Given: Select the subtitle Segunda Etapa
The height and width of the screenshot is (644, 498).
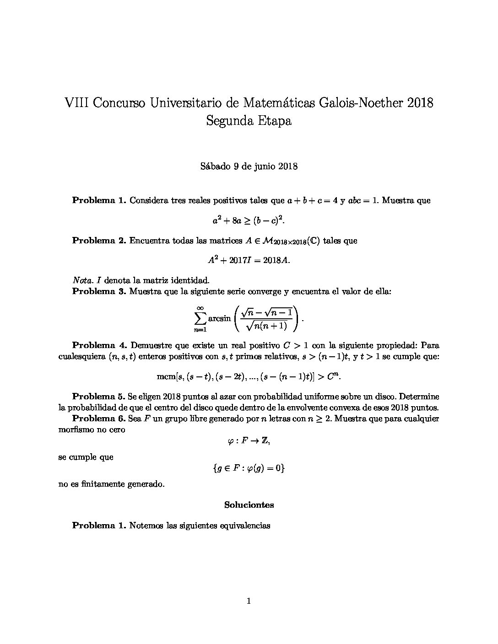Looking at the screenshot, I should pyautogui.click(x=249, y=121).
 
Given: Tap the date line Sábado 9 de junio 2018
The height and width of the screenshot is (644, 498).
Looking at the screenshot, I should pyautogui.click(x=249, y=166).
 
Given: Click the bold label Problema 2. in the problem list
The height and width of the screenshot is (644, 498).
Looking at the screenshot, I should pyautogui.click(x=99, y=241).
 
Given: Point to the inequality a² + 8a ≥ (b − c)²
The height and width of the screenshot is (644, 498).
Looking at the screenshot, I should pyautogui.click(x=249, y=220).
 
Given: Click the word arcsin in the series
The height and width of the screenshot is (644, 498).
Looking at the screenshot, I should pyautogui.click(x=220, y=318).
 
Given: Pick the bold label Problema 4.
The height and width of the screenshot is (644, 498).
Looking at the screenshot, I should pyautogui.click(x=99, y=345).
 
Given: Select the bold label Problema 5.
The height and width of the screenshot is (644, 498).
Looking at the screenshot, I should pyautogui.click(x=99, y=397).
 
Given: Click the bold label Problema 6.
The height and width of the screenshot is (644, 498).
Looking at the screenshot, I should pyautogui.click(x=99, y=419).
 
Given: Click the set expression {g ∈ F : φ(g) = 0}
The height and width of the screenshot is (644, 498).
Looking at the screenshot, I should pyautogui.click(x=249, y=468).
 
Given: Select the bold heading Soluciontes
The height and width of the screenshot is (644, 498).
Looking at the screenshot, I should pyautogui.click(x=249, y=505).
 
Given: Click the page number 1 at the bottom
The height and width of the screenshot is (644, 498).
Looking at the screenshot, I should pyautogui.click(x=249, y=601).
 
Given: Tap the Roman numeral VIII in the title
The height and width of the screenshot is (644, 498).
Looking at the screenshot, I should pyautogui.click(x=76, y=102).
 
